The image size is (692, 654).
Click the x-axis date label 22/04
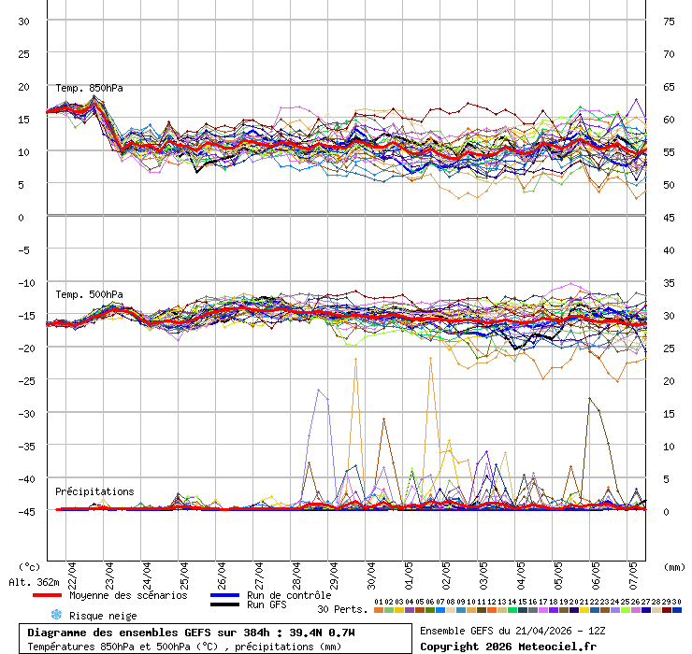click(x=72, y=571)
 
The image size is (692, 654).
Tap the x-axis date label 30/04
click(x=371, y=571)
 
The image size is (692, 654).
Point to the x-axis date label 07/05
click(x=633, y=571)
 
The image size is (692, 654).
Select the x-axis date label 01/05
click(x=409, y=571)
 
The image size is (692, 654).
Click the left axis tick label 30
click(x=23, y=21)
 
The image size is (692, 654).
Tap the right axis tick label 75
click(x=670, y=21)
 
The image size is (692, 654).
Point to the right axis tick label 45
click(x=670, y=217)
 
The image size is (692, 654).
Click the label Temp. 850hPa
click(x=89, y=88)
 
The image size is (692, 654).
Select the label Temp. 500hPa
click(x=89, y=294)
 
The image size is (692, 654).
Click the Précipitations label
click(x=94, y=491)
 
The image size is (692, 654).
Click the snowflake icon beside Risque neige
click(x=56, y=615)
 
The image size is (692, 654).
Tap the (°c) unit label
click(x=30, y=566)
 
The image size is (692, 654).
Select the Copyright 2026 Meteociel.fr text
click(x=507, y=646)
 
